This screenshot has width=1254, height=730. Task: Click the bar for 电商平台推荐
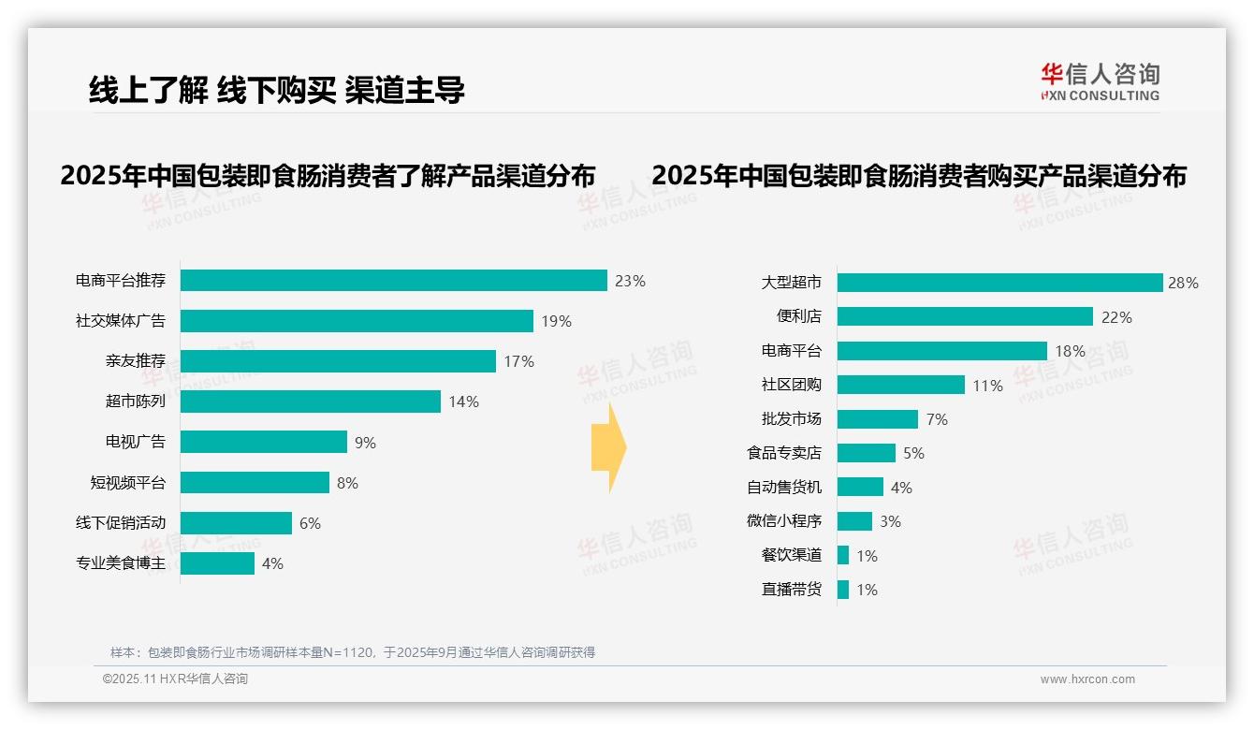click(x=393, y=281)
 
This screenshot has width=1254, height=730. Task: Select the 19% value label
click(x=556, y=321)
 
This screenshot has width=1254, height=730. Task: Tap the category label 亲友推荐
click(x=135, y=361)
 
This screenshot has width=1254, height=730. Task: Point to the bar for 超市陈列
click(x=310, y=401)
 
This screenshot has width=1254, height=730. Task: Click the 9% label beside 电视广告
click(x=365, y=443)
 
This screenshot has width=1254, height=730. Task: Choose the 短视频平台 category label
click(x=127, y=483)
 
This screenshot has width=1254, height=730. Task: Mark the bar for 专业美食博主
click(x=217, y=563)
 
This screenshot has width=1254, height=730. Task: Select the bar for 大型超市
click(x=999, y=283)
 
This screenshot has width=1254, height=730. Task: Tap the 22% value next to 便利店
click(x=1116, y=317)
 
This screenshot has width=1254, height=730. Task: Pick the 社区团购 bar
click(x=900, y=385)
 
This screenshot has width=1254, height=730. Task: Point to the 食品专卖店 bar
click(x=866, y=453)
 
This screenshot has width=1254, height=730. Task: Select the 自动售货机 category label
click(x=783, y=488)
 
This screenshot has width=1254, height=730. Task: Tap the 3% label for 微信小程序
click(x=890, y=521)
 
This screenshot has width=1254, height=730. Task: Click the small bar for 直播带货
click(x=843, y=590)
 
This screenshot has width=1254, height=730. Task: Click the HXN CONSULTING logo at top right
click(x=1100, y=81)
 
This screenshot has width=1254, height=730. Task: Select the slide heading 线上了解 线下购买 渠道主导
click(x=277, y=90)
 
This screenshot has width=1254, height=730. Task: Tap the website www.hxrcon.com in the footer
click(x=1087, y=679)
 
